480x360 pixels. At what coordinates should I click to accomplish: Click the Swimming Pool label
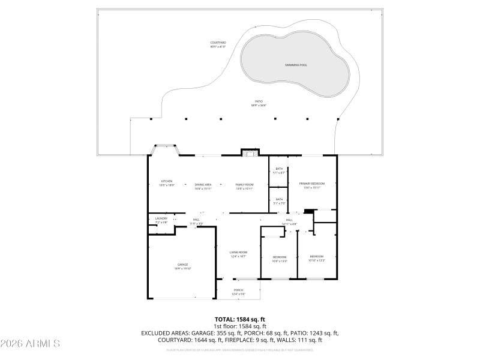coord(295,64)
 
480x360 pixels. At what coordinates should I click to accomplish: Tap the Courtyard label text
coord(218,44)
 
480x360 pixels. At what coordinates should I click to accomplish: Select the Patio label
coord(259,103)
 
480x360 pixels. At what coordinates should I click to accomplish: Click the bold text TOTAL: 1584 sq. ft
coord(239,319)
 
